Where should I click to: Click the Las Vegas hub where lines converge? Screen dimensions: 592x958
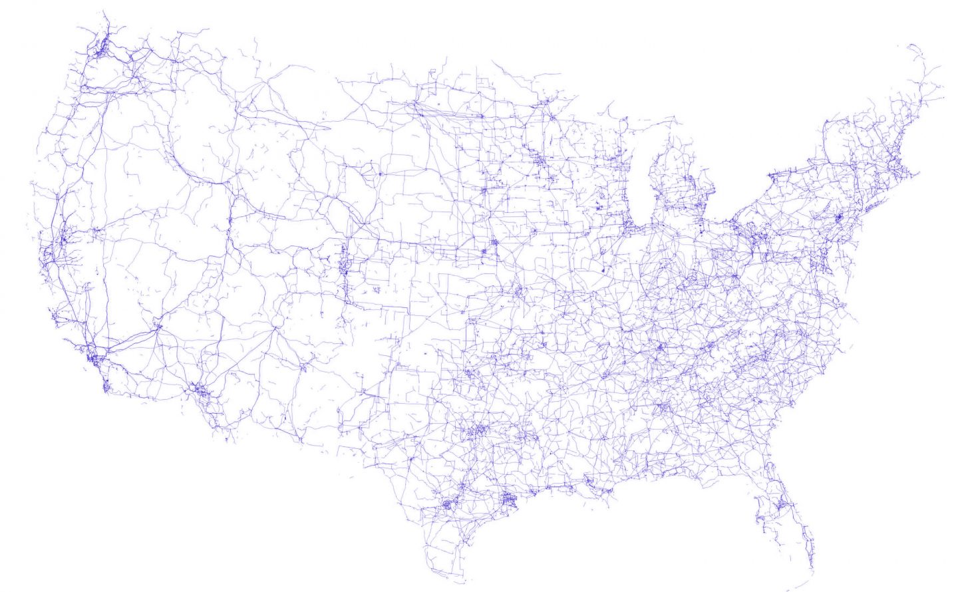[158, 327]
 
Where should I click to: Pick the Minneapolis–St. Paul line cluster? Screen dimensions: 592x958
[538, 160]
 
